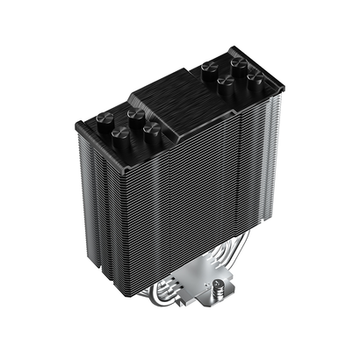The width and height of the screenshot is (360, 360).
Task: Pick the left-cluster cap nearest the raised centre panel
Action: point(152,129)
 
